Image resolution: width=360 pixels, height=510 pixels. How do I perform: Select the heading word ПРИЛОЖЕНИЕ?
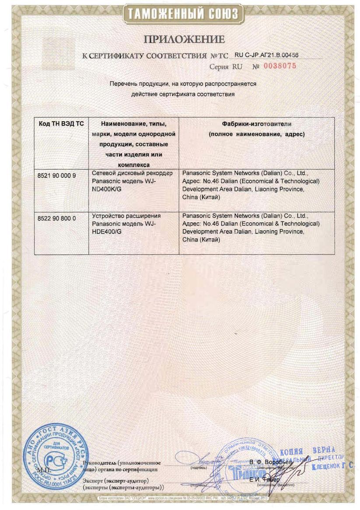click(x=184, y=40)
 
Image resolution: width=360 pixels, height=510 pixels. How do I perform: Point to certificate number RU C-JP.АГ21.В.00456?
click(x=266, y=55)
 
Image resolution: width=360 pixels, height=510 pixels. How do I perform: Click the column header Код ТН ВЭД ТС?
click(x=61, y=124)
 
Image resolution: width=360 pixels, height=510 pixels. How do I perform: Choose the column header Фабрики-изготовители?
click(x=257, y=124)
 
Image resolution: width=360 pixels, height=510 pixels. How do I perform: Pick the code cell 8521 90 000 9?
click(x=57, y=175)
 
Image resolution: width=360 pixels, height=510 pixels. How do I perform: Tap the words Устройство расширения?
click(x=126, y=215)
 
